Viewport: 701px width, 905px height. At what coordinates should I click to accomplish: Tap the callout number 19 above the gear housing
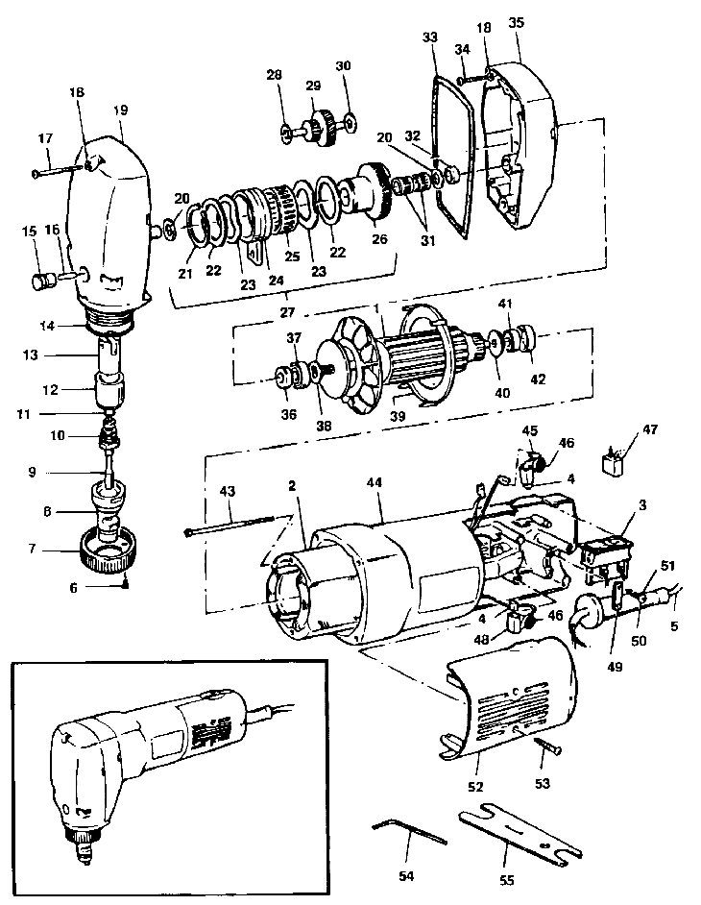[120, 110]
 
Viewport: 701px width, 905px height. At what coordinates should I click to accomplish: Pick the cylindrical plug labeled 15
[41, 282]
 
